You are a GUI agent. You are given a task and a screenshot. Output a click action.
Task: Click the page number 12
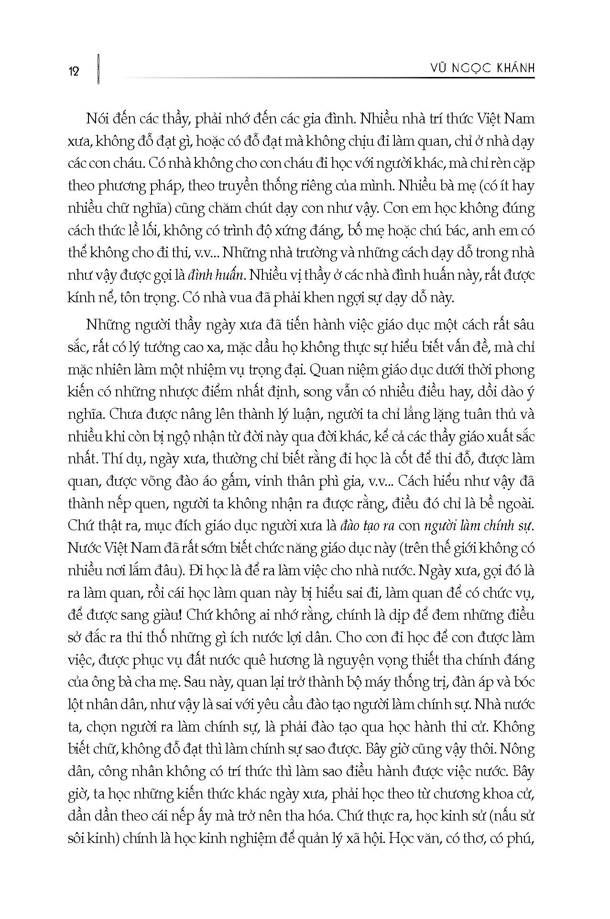pyautogui.click(x=74, y=72)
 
